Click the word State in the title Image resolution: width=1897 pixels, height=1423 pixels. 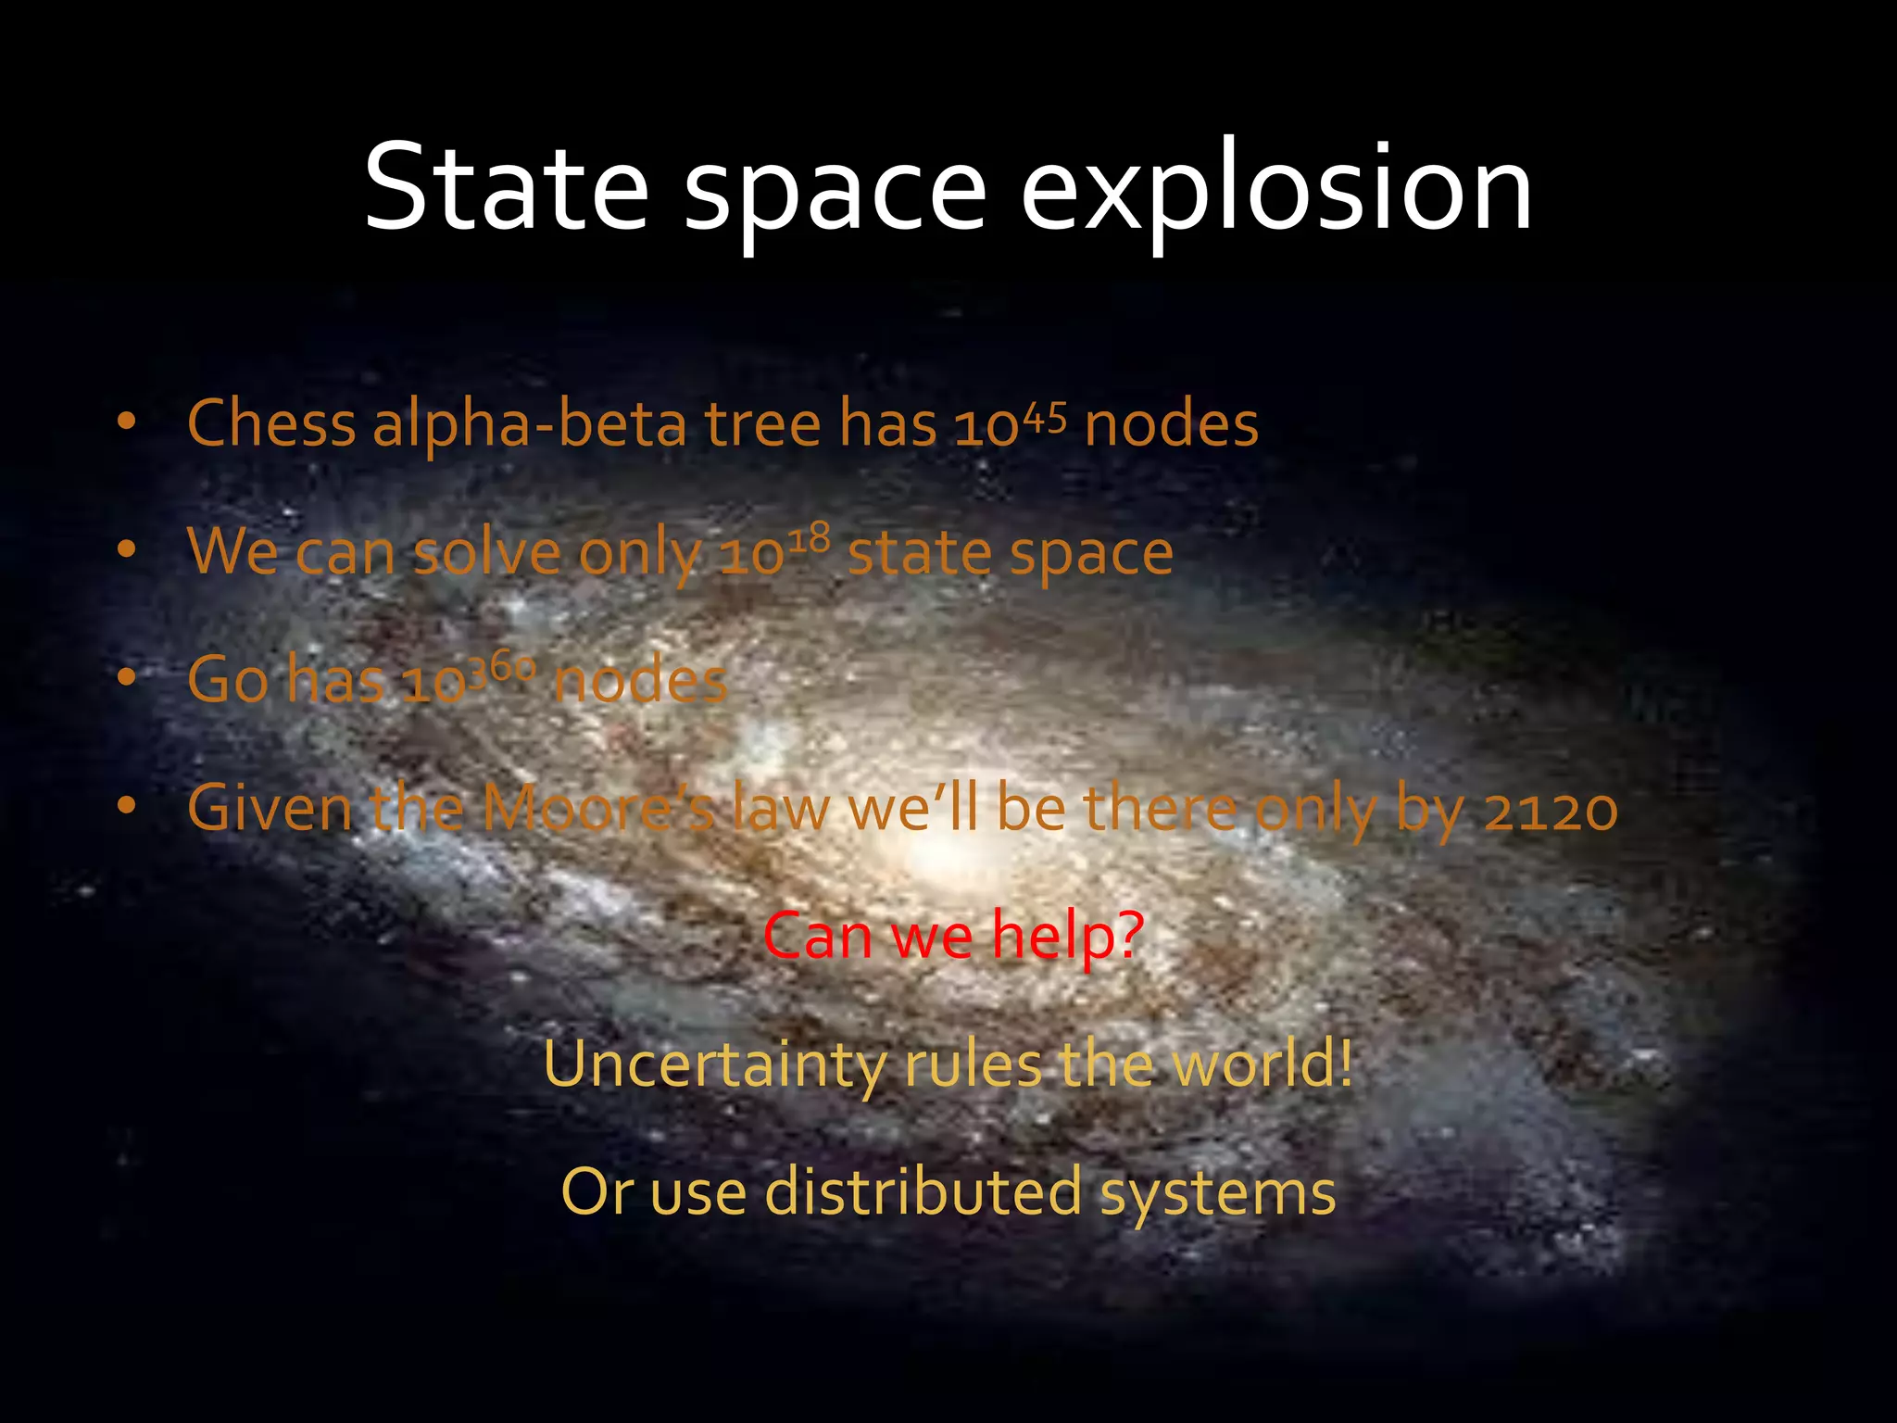tap(506, 188)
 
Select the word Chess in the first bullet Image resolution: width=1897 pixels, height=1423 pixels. tap(271, 424)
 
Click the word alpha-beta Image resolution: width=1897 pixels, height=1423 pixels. tap(530, 424)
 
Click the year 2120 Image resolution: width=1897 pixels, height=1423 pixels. tap(1551, 809)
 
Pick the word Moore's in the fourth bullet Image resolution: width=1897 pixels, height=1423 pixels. tap(598, 809)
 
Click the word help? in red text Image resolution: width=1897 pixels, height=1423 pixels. tap(1068, 936)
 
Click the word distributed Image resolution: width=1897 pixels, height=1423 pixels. tap(923, 1192)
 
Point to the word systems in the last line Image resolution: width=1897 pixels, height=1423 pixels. tap(1218, 1192)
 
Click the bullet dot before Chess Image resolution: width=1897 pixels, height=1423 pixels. tap(127, 422)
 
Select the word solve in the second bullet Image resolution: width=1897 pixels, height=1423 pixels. tap(486, 553)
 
